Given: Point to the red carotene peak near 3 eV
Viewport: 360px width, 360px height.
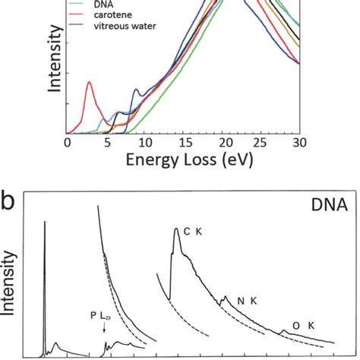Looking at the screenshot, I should tap(90, 83).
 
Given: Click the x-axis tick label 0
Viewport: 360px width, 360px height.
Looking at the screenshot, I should tap(68, 143).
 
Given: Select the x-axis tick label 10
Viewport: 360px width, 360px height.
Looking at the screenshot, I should tap(144, 143).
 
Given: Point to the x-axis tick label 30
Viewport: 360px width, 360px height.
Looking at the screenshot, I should tap(300, 143).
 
